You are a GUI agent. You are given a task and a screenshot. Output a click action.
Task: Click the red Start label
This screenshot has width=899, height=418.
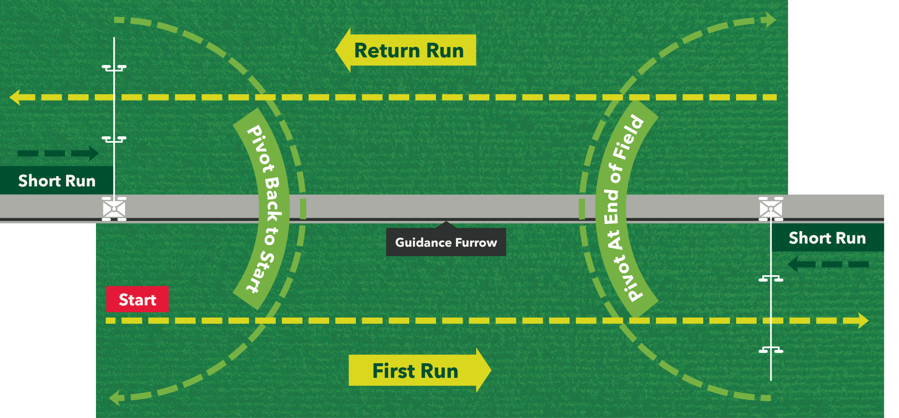coord(137,300)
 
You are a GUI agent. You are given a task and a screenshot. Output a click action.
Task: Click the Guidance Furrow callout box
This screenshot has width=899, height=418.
coord(446,242)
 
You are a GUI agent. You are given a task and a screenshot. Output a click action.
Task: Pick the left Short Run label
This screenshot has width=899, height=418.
coord(56,181)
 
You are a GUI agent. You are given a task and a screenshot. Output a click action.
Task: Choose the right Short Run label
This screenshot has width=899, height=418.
coord(827,238)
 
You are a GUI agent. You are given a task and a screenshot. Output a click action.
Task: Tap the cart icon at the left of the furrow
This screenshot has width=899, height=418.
coord(114,209)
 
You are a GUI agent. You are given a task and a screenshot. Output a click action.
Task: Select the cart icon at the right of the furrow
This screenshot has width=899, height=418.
coord(771,209)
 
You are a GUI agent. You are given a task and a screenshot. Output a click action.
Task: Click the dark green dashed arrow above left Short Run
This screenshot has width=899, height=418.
coord(59,153)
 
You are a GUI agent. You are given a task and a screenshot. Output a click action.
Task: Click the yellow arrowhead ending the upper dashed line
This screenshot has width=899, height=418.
coord(15,97)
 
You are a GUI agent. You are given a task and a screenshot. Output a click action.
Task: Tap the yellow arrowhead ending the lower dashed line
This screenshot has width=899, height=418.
coord(863,321)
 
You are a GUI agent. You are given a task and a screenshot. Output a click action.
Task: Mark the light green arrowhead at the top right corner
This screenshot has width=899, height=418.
coord(769,20)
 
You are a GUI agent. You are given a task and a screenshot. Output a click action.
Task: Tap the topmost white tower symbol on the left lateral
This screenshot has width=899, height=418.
coord(114,68)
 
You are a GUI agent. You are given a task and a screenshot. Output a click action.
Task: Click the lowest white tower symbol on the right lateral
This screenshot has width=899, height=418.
coord(771,350)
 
